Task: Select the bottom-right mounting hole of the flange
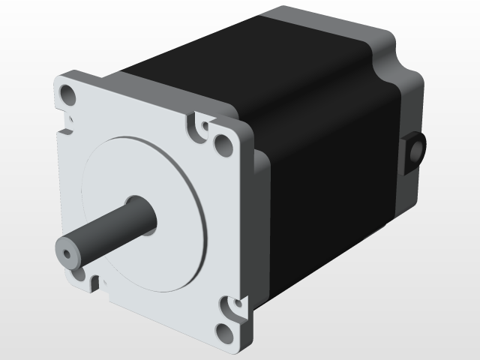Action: tap(223, 331)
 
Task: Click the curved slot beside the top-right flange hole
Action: tap(198, 127)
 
